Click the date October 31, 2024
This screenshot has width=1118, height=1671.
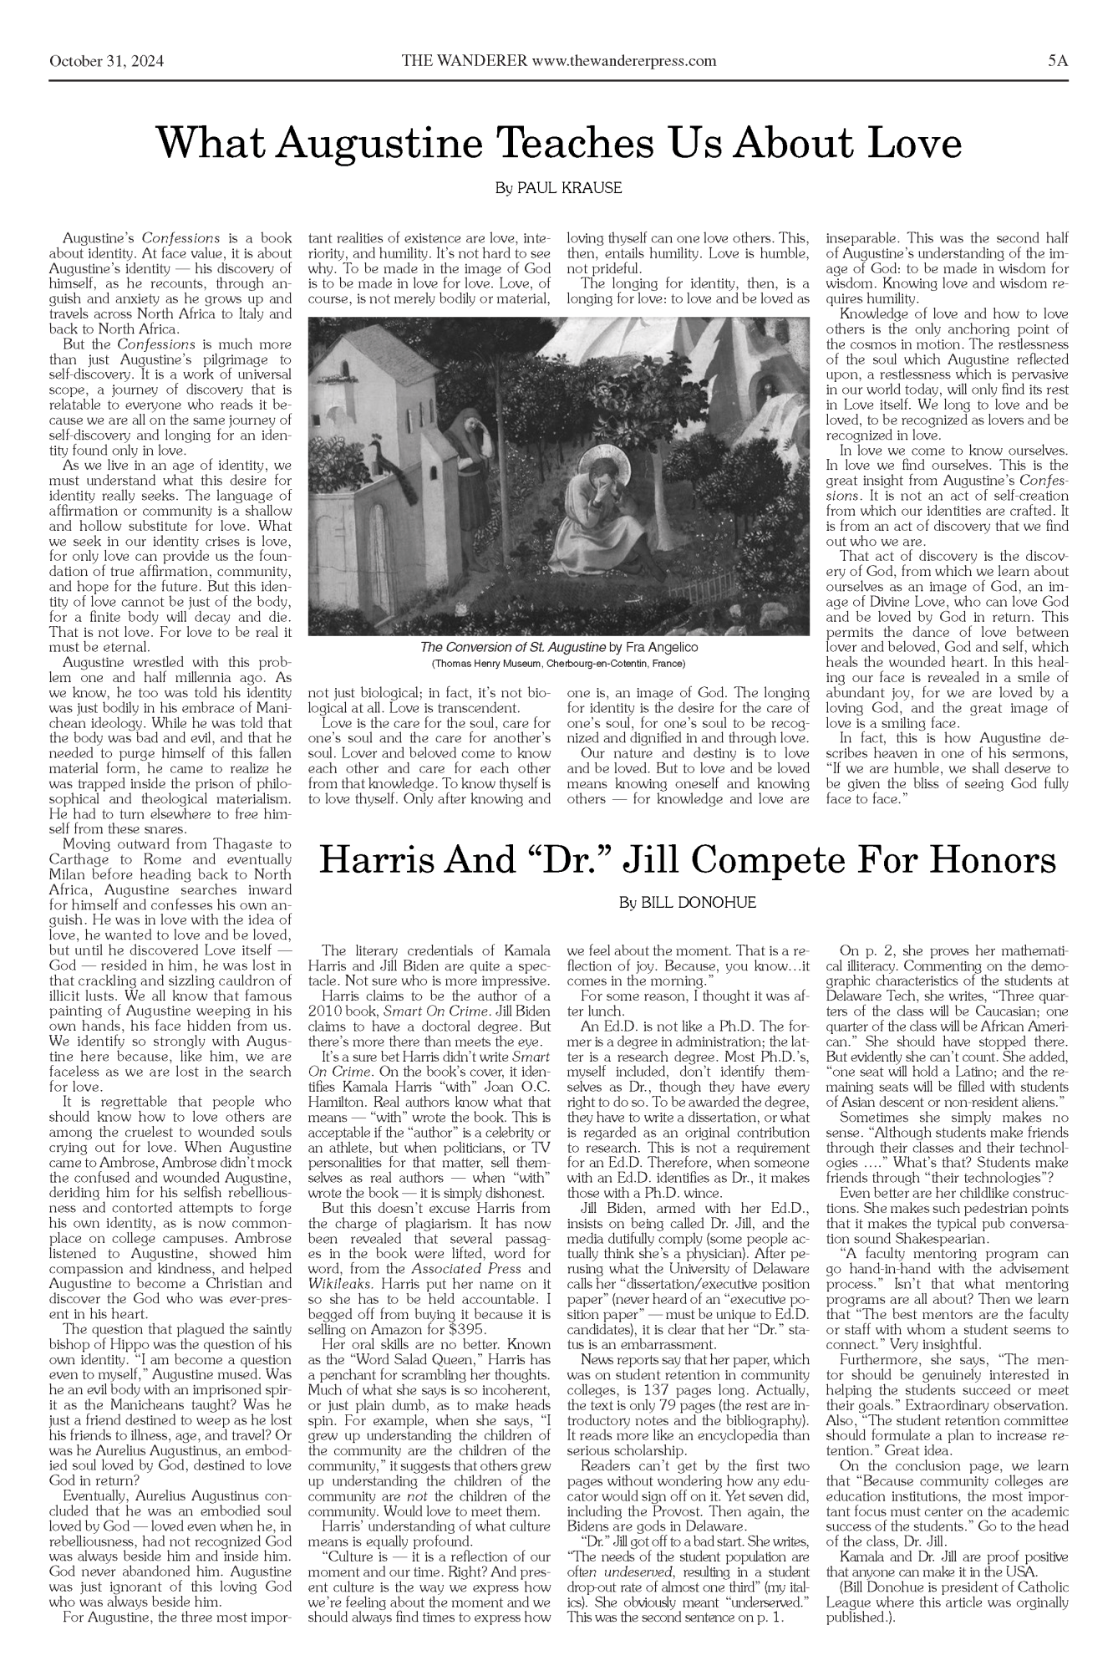[106, 61]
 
